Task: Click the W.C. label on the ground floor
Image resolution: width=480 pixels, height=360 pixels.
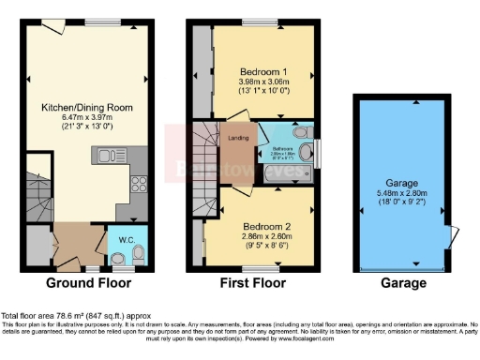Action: tap(123, 236)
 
